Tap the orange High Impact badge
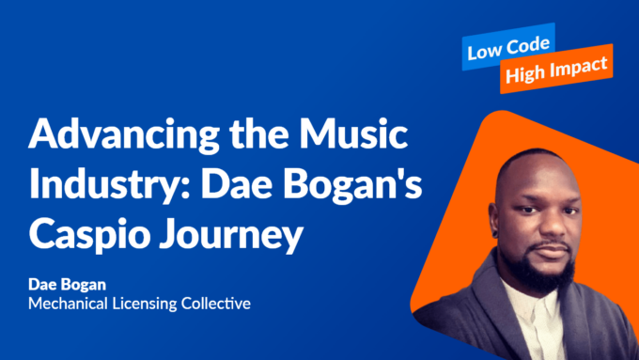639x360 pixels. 555,71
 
